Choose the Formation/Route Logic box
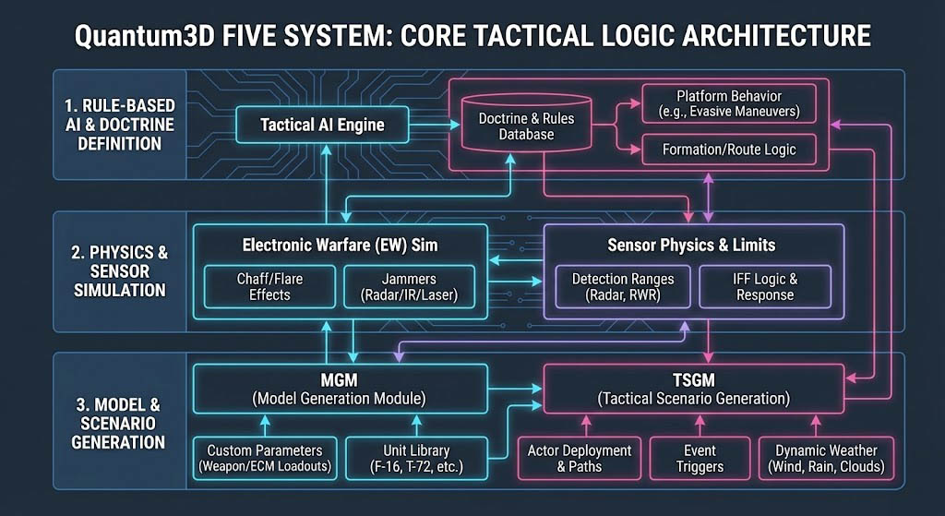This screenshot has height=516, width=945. tap(728, 149)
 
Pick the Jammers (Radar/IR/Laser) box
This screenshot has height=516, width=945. tap(409, 286)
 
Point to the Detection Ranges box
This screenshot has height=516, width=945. tap(622, 286)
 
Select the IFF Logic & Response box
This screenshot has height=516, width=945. tap(764, 286)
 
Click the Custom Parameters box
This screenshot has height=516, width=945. tap(263, 458)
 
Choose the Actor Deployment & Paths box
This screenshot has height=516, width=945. tap(580, 458)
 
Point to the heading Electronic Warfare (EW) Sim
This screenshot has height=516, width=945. tap(340, 246)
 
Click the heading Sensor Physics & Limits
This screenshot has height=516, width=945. tap(691, 246)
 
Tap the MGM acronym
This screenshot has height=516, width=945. tap(339, 378)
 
